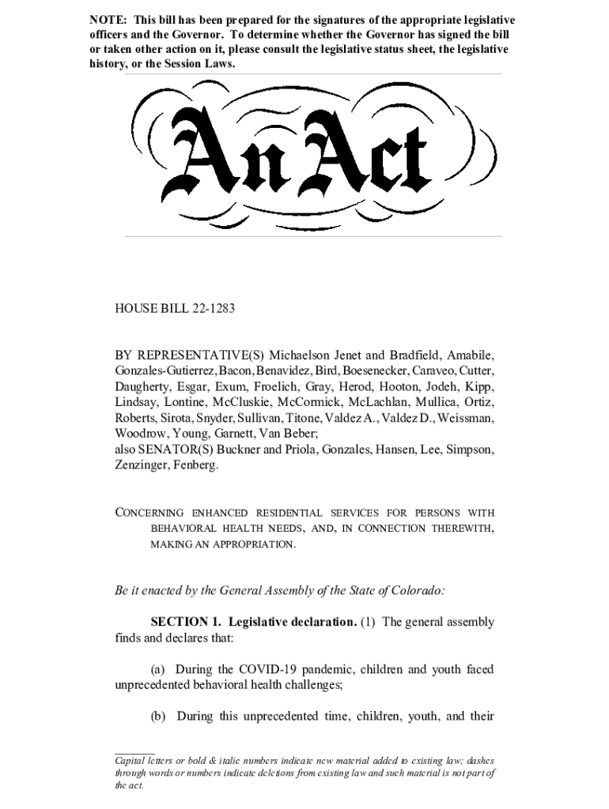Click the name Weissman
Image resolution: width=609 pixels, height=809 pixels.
[467, 418]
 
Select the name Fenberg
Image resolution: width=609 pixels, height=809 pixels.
[195, 465]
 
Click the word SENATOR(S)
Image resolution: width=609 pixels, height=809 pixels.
[174, 450]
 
